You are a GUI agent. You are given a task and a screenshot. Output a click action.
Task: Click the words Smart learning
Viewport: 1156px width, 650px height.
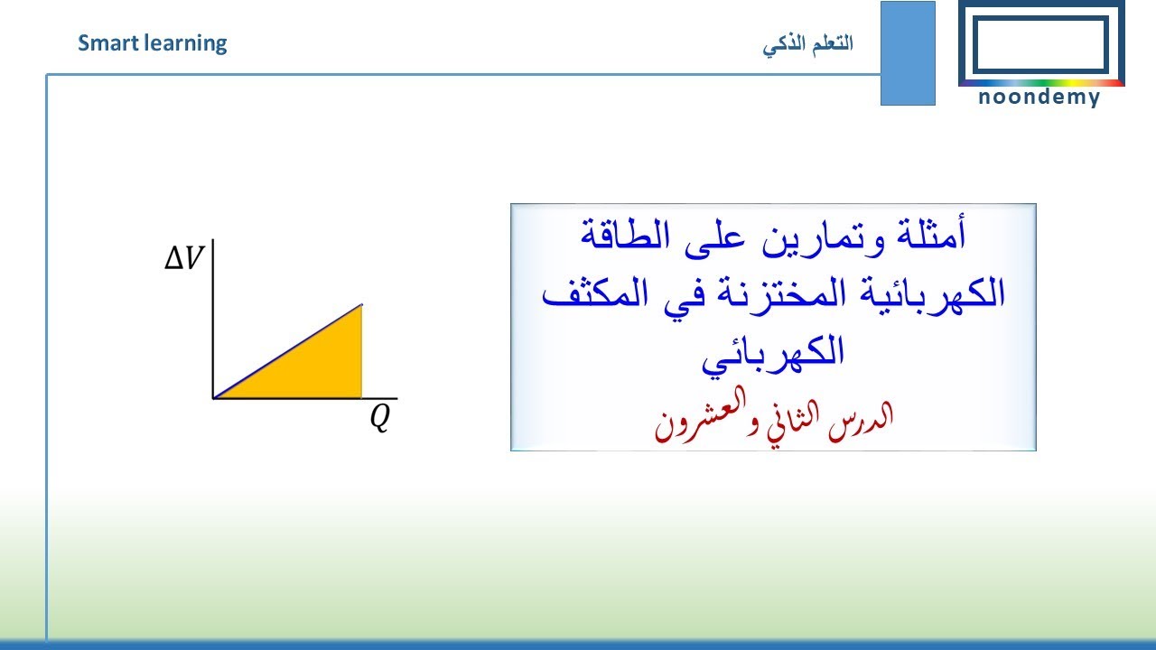coord(152,42)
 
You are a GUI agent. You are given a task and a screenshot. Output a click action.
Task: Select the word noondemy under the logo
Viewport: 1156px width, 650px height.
coord(1039,97)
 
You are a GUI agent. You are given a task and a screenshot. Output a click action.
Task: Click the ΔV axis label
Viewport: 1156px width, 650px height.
coord(184,260)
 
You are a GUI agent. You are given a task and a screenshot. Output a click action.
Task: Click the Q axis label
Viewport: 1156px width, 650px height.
coord(380,418)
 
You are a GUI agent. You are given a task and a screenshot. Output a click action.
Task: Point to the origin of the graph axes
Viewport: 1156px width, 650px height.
coord(213,397)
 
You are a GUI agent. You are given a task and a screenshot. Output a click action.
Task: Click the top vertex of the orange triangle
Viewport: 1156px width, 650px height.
coord(361,305)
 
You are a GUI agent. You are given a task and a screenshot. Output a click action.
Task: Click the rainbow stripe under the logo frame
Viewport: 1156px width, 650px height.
coord(1040,83)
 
